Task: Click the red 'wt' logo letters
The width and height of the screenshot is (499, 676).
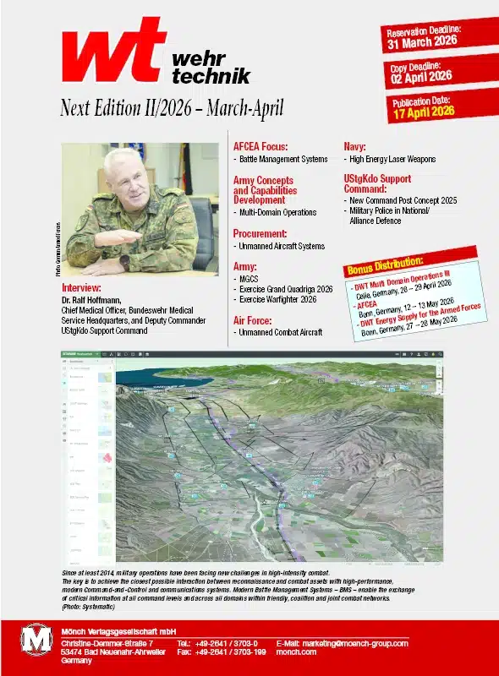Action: pos(110,52)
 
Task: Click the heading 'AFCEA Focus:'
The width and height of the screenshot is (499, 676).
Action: pos(260,144)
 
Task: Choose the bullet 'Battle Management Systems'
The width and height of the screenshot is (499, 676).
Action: pos(282,159)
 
